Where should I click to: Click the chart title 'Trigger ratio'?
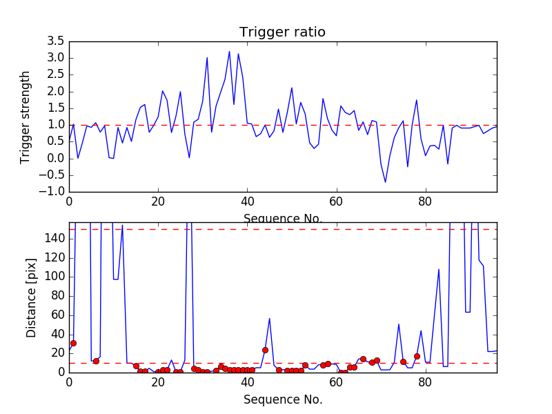click(282, 32)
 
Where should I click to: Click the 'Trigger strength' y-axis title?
click(26, 117)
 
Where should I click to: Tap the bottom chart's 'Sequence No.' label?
click(282, 400)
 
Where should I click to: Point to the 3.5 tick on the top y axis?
click(56, 41)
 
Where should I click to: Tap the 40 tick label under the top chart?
click(247, 204)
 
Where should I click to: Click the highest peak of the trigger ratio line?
click(230, 51)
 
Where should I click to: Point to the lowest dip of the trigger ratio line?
click(385, 182)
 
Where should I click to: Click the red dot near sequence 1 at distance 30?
click(73, 343)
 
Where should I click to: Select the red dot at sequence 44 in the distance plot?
click(265, 350)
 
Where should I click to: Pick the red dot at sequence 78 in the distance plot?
click(417, 356)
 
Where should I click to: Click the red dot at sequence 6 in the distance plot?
click(96, 361)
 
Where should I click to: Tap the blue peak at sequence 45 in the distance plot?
click(270, 318)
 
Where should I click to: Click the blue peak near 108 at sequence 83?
click(439, 269)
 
